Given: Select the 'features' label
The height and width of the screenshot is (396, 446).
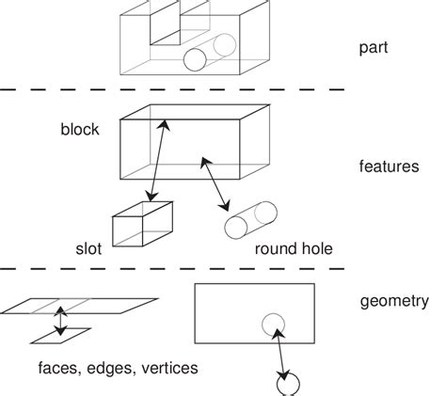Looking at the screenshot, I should coord(389,166).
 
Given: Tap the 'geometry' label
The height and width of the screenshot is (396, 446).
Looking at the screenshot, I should coord(394,302).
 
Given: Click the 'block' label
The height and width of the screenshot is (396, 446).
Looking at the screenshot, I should coord(79,130).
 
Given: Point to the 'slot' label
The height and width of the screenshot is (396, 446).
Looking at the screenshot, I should coord(88,249).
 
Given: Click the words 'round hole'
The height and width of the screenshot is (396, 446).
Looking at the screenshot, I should coord(293,250).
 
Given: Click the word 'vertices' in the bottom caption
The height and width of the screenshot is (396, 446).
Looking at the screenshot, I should coord(167,369).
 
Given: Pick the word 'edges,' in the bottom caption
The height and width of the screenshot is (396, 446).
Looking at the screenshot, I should coord(111,369).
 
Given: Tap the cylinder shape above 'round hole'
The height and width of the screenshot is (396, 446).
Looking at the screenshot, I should coord(249,220).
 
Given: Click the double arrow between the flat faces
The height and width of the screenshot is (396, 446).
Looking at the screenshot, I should coord(60,320).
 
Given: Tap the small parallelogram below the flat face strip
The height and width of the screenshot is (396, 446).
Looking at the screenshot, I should coord(60,335).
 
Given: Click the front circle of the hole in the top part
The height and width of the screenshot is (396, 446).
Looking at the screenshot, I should coord(195,60).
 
